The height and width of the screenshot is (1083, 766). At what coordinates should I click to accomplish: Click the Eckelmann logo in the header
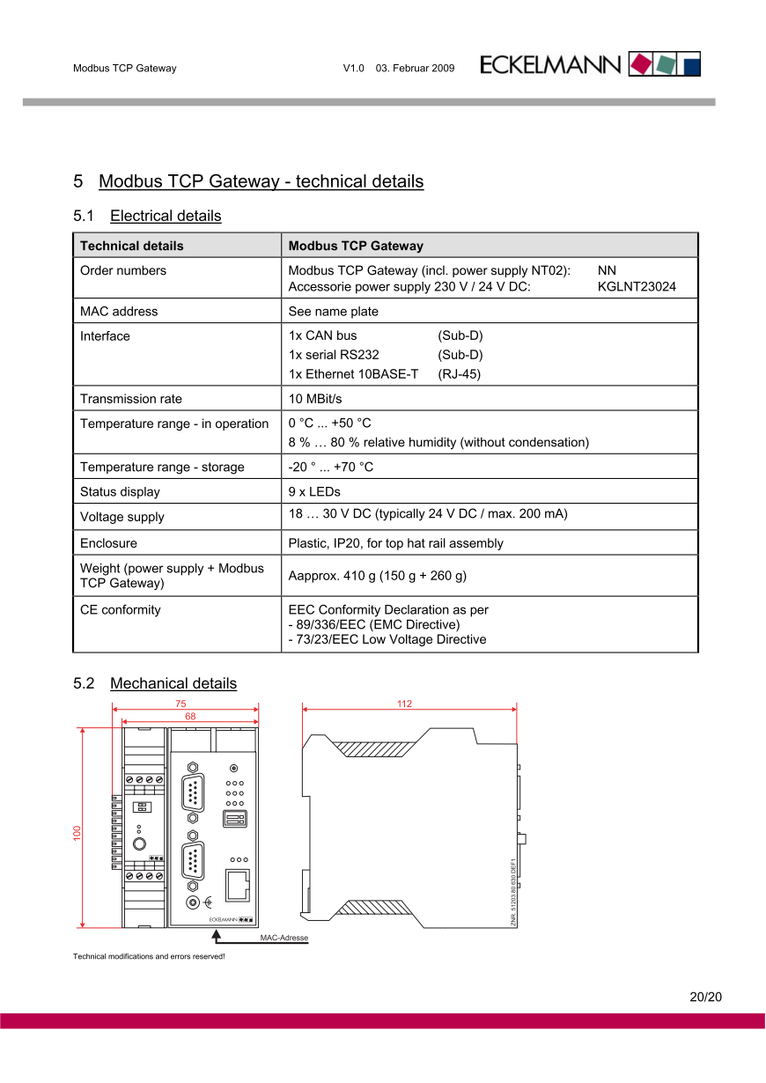click(590, 64)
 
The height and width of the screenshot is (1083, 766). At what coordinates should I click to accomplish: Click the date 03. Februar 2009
click(415, 68)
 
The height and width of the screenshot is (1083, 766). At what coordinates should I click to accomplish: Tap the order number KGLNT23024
click(637, 287)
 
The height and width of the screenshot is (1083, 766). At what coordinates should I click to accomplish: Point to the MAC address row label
click(119, 311)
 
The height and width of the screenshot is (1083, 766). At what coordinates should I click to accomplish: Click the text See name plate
click(333, 311)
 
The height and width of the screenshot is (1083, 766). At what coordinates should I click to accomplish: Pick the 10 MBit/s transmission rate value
click(315, 399)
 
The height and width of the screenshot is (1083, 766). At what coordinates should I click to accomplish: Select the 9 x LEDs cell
click(314, 491)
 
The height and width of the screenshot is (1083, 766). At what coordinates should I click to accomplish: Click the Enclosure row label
click(108, 543)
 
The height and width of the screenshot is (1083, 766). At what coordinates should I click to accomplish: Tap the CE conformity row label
click(121, 609)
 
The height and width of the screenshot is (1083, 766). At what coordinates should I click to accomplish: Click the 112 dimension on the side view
click(404, 704)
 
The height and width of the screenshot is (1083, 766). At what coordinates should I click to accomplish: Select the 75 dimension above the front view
click(180, 704)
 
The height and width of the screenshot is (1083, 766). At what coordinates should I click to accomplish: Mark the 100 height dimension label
click(77, 832)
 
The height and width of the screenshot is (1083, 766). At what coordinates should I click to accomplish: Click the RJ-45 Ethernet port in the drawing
click(238, 883)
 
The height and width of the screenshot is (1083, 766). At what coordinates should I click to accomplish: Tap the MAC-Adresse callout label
click(284, 938)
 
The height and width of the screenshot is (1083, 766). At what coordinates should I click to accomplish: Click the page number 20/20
click(705, 998)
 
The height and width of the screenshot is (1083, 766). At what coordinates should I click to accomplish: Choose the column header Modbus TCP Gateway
click(356, 246)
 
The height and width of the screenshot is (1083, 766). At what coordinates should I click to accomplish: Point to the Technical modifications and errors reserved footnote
click(149, 956)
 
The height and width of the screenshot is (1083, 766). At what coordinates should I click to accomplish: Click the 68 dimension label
click(190, 717)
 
